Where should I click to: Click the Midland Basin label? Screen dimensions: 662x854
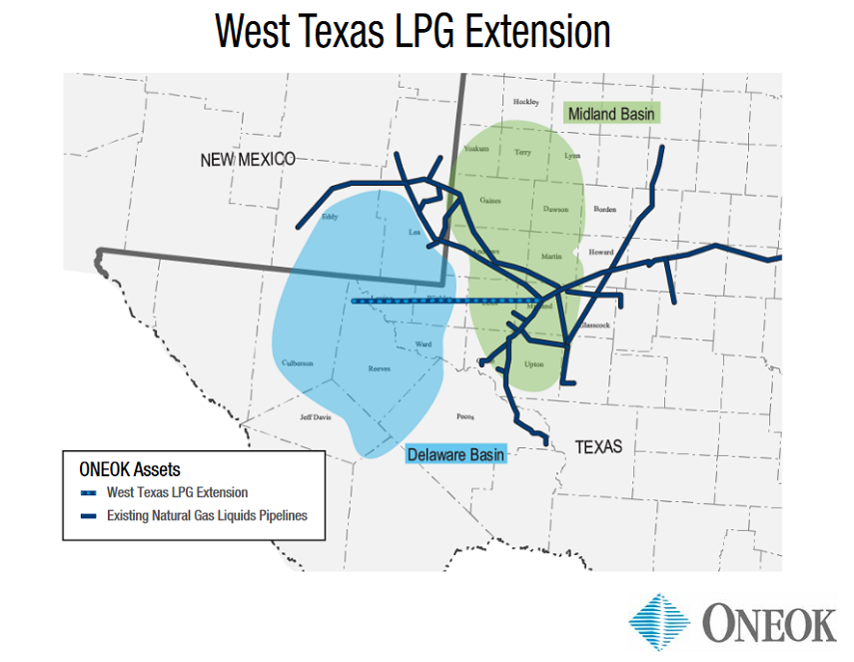pos(611,114)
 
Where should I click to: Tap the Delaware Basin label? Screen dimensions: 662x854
pos(456,455)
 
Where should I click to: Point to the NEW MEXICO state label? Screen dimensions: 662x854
pos(247,160)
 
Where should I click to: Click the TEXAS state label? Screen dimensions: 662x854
pos(598,446)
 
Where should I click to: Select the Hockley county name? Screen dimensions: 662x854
pos(525,102)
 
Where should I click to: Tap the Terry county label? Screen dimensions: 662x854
pos(523,153)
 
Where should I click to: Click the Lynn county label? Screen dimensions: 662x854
pos(572,156)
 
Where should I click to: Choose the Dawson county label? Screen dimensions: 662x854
pos(555,210)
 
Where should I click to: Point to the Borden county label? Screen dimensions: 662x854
pos(605,210)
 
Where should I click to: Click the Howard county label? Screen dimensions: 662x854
pos(601,253)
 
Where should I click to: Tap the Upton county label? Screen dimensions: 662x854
pos(534,364)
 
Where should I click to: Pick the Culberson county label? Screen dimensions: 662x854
pos(297,363)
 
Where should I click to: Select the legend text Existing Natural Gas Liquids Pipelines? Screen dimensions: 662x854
pos(207,516)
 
